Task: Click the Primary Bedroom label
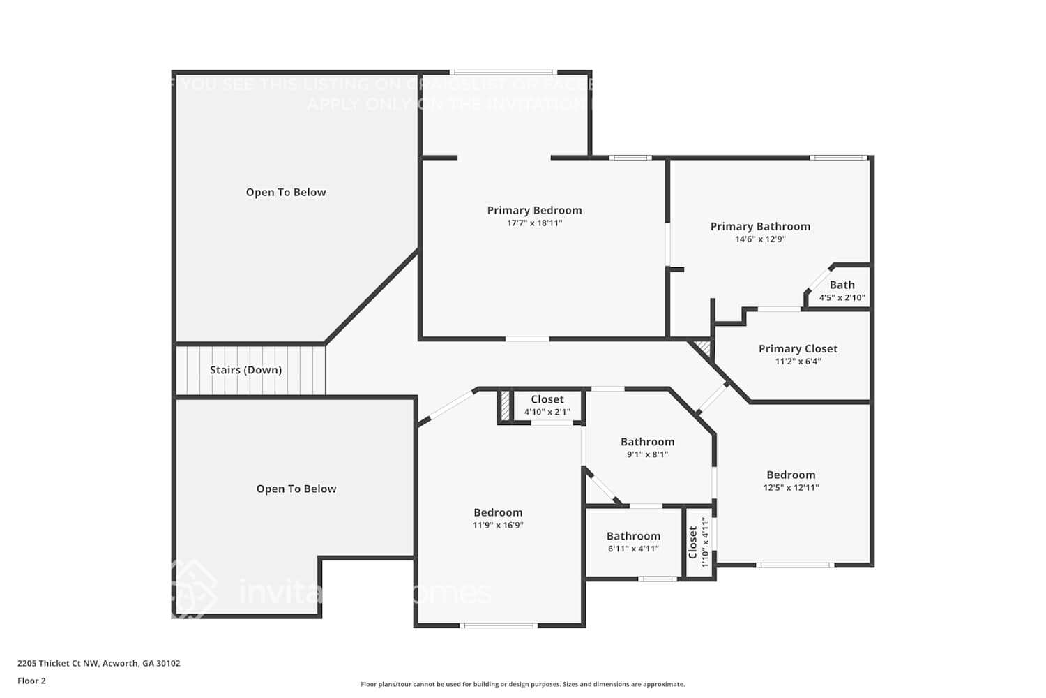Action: click(x=534, y=210)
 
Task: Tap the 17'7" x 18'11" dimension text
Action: click(x=534, y=223)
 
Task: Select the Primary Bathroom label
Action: click(x=760, y=226)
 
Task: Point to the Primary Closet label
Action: click(x=798, y=348)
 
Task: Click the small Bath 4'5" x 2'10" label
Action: click(x=842, y=285)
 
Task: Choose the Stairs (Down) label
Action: click(x=245, y=370)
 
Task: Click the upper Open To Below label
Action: click(x=286, y=192)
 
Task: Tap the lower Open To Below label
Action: click(x=296, y=489)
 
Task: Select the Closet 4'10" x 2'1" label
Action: click(x=547, y=399)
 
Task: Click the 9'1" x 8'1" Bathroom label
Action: click(x=647, y=442)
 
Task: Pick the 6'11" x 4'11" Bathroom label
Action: click(x=633, y=536)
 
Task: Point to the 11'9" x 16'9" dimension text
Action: click(x=498, y=525)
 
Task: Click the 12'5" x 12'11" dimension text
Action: click(x=791, y=488)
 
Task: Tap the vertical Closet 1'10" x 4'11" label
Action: click(x=693, y=542)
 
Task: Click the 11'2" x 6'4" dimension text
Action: click(x=798, y=362)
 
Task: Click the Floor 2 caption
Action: click(x=31, y=681)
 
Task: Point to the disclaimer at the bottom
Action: click(x=522, y=684)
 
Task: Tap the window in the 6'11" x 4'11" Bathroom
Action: click(x=657, y=579)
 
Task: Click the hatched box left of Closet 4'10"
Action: click(x=505, y=406)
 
